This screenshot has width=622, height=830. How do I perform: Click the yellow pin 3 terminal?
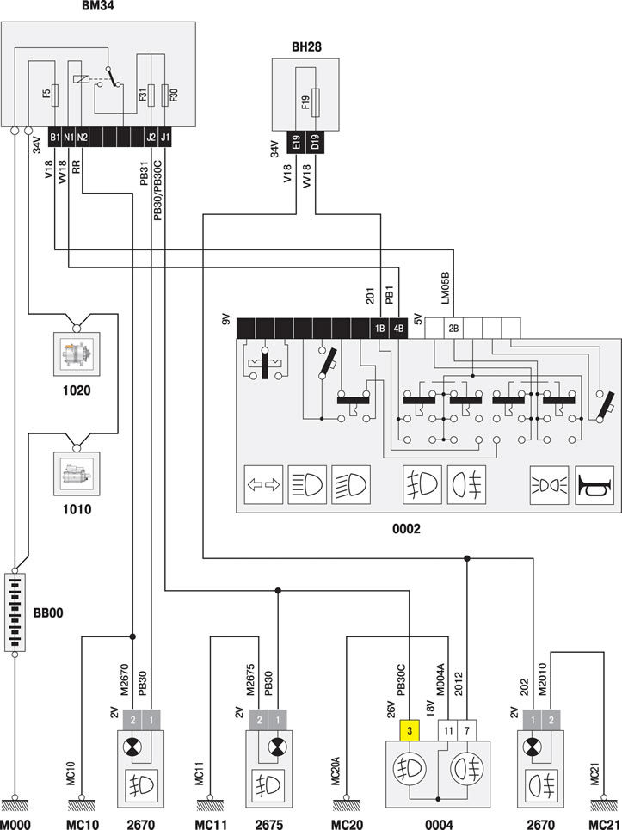(x=410, y=730)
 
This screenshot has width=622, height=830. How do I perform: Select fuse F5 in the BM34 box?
(x=55, y=95)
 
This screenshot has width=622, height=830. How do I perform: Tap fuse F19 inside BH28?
(x=316, y=102)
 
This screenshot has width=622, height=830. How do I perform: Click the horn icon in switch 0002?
(x=594, y=485)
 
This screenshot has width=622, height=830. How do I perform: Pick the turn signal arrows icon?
(x=263, y=485)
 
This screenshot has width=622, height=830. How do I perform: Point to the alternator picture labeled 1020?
(x=77, y=354)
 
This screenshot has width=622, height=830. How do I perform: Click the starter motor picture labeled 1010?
(x=77, y=473)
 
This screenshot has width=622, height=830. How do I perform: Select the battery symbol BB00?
(x=15, y=612)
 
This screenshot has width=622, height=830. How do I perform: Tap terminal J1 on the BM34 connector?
(x=165, y=138)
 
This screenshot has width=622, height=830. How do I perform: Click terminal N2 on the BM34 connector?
(x=82, y=138)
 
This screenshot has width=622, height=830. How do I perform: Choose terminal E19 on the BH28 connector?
(x=296, y=143)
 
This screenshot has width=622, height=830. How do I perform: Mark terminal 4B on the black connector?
(x=398, y=329)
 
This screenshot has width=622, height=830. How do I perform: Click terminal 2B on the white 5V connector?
(x=453, y=329)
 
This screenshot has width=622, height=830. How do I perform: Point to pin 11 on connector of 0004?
(x=448, y=730)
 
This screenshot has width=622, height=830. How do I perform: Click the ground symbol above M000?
(x=15, y=804)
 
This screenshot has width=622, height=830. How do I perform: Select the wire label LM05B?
(x=445, y=288)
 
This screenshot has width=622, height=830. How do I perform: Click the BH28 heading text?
(x=306, y=46)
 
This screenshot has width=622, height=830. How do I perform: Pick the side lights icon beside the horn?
(x=550, y=485)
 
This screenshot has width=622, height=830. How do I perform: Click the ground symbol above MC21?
(x=603, y=804)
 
